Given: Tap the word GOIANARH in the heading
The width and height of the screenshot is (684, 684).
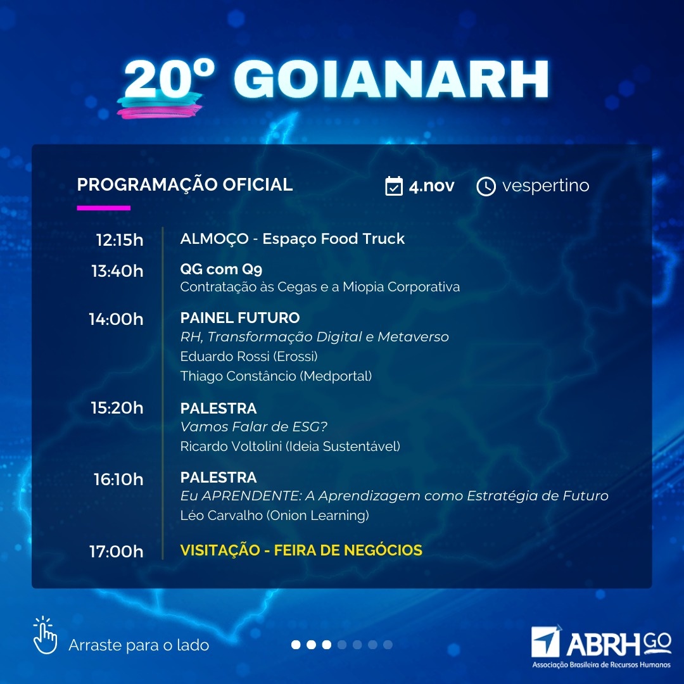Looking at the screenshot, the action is point(391,79).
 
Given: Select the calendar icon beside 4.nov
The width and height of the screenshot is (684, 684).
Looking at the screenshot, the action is point(394,186).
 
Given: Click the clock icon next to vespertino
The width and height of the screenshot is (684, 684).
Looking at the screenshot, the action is point(486,186).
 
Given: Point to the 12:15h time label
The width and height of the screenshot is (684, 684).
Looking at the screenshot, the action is point(120,240).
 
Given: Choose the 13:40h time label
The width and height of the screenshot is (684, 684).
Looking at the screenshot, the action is point(117,271).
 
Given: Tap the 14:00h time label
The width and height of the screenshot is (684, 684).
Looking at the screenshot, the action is point(116,319).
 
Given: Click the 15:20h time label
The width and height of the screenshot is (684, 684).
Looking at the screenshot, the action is point(117,407).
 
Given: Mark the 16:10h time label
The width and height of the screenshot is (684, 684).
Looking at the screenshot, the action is point(118,479).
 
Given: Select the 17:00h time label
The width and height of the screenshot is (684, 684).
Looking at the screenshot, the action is point(117,552).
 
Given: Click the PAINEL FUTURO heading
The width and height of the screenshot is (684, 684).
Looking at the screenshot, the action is point(240,317).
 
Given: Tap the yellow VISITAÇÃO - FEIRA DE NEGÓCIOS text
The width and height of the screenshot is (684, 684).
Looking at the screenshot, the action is point(301,550).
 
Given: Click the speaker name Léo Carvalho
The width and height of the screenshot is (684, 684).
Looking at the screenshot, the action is point(222,515).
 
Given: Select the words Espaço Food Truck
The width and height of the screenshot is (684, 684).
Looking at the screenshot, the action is point(333,239).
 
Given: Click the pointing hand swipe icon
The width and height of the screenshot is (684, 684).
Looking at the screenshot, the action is point(45,635).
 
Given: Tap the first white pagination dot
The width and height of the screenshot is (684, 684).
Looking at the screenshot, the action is point(296,645).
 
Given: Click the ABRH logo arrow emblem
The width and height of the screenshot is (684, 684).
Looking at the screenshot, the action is point(546,641).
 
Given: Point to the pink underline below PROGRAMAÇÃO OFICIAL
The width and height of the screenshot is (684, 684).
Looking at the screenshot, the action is point(103,208).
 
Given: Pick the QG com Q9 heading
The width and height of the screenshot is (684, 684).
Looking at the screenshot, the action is point(221,269).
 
